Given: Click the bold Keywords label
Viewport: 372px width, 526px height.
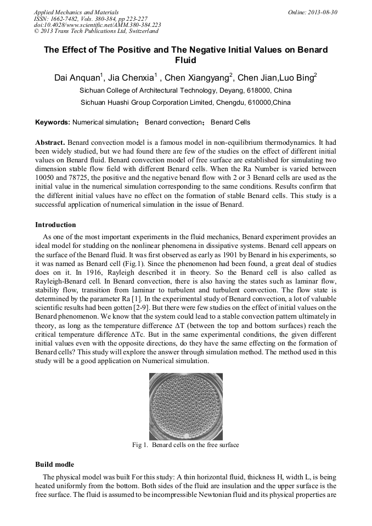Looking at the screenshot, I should pos(52,122).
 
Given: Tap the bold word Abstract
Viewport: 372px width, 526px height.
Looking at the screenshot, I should pos(50,143).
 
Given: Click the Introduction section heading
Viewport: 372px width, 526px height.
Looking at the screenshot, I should pos(55,225).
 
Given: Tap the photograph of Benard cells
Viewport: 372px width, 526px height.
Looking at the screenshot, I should pos(186,406).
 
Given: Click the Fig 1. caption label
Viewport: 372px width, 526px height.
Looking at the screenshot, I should pos(140,445).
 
